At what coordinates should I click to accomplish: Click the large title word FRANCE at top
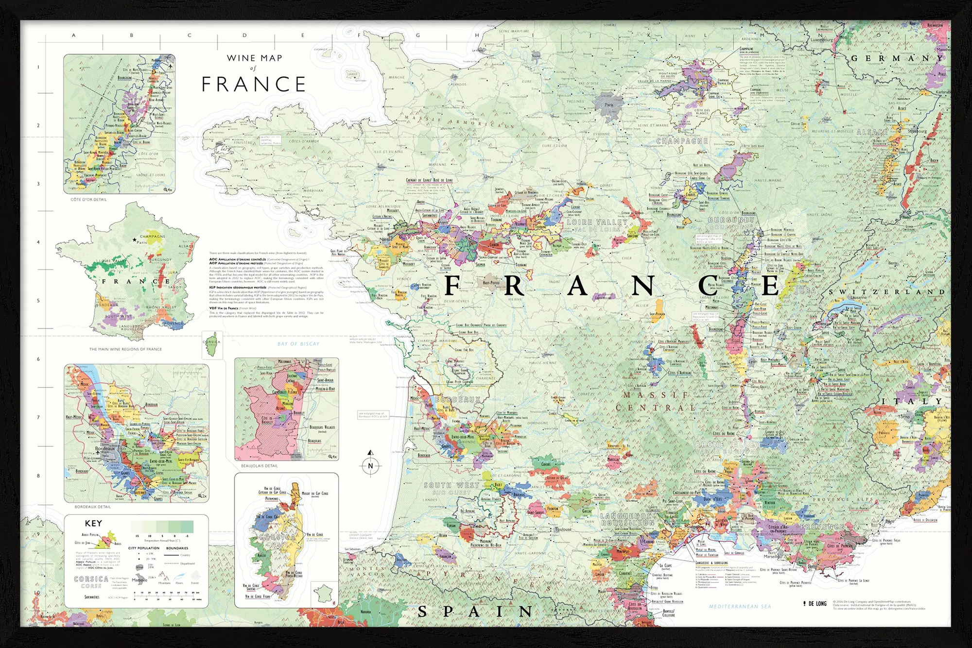[253, 84]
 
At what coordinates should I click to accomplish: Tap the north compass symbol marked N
[370, 465]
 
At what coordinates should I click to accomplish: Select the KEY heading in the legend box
[93, 523]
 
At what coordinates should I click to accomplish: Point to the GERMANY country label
[897, 58]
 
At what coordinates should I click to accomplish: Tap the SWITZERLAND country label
[887, 292]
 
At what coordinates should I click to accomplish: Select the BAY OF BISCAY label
[298, 344]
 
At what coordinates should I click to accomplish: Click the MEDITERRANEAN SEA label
[740, 606]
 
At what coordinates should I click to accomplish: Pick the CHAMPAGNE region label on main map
[682, 141]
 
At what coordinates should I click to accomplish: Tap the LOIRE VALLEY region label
[597, 222]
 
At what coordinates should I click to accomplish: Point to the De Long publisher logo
[815, 603]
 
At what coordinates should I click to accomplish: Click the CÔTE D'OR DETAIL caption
[88, 200]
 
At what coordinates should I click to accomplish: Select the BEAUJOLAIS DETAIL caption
[260, 466]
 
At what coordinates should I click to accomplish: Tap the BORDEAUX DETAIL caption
[93, 507]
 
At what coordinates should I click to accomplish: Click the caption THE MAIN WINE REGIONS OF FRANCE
[125, 349]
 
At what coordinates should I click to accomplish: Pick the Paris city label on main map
[609, 105]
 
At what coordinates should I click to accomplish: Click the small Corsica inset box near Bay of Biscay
[212, 344]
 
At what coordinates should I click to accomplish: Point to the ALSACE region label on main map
[872, 132]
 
